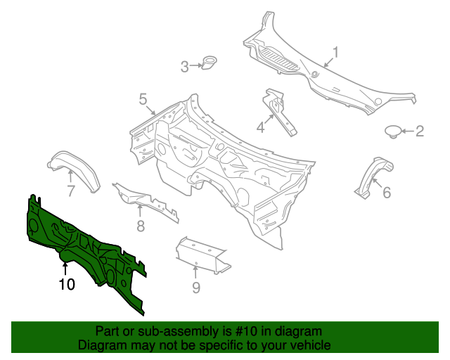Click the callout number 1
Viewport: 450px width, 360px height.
(335, 53)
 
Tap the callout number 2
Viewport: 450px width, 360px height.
(420, 131)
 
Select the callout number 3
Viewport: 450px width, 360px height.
(184, 67)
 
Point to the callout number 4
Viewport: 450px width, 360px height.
(260, 127)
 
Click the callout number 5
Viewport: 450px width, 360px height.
(143, 99)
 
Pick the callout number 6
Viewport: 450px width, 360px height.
(387, 193)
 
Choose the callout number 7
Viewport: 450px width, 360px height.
(71, 191)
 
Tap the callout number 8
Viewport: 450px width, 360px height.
(141, 226)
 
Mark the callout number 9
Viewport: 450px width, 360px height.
(195, 288)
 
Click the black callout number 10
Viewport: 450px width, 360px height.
(67, 285)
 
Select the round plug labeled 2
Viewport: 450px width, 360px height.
(392, 131)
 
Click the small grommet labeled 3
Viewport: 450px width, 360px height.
(209, 63)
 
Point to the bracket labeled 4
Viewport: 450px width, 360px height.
(278, 112)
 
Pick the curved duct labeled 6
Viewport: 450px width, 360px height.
(373, 176)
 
